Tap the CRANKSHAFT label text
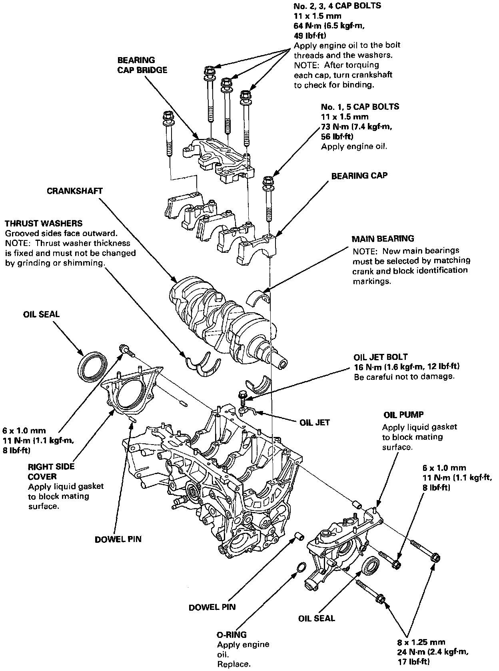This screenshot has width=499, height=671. pos(74,191)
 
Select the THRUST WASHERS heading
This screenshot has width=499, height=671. pos(44,223)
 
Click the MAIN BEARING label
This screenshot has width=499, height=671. pos(383,239)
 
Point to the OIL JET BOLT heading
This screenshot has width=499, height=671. pos(381,357)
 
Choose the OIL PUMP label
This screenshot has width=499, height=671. pos(403,415)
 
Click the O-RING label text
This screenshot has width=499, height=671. pos(232,635)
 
